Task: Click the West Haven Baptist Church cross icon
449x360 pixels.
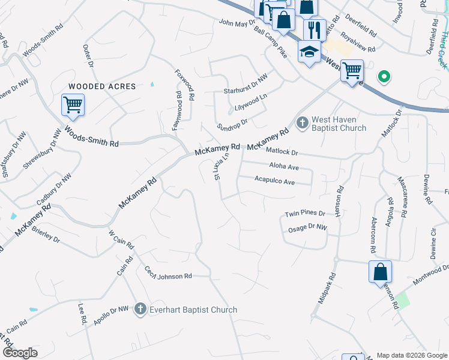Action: pyautogui.click(x=302, y=123)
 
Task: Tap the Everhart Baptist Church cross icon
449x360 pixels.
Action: pyautogui.click(x=140, y=309)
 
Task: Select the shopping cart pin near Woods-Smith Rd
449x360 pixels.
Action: pyautogui.click(x=73, y=105)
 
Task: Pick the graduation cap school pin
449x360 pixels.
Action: pyautogui.click(x=309, y=52)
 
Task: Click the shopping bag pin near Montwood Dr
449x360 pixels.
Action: pyautogui.click(x=381, y=271)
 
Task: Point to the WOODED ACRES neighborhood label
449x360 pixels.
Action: pyautogui.click(x=102, y=86)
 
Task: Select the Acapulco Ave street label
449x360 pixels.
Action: pyautogui.click(x=274, y=181)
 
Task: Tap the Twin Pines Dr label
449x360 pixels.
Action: pyautogui.click(x=304, y=214)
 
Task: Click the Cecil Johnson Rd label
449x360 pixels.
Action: pyautogui.click(x=167, y=275)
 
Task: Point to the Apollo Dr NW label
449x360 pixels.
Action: pyautogui.click(x=111, y=316)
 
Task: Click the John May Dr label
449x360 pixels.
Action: pyautogui.click(x=237, y=23)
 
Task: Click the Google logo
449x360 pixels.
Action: pyautogui.click(x=20, y=353)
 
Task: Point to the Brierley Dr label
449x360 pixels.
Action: pyautogui.click(x=46, y=235)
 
